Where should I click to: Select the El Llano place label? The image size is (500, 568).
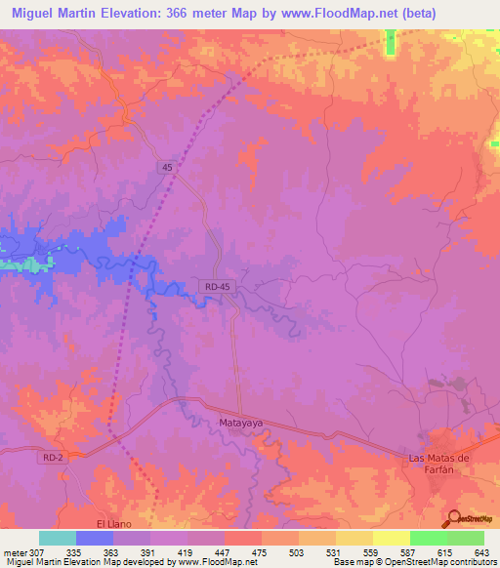100,511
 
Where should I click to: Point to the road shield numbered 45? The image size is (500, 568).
168,168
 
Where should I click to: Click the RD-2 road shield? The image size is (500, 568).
53,456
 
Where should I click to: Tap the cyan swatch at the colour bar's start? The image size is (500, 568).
57,538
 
